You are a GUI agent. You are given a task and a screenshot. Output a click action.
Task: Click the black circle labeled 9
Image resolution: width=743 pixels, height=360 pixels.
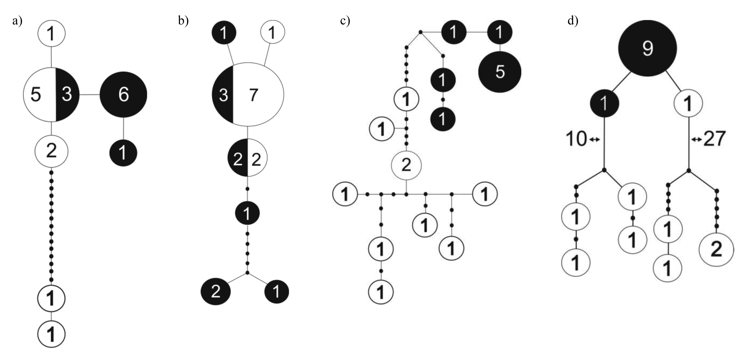pos(647,48)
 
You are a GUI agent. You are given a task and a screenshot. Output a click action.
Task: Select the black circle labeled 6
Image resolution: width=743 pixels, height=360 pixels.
pos(123,94)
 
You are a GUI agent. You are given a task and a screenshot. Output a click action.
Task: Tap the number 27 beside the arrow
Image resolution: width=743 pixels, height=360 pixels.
pos(714,139)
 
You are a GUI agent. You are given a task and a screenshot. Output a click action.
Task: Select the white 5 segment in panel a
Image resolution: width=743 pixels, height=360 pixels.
pos(37,94)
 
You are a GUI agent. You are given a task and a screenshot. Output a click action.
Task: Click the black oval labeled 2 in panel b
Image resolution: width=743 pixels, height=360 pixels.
pos(216,292)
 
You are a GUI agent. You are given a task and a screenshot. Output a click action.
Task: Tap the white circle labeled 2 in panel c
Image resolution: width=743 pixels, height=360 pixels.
pos(406,165)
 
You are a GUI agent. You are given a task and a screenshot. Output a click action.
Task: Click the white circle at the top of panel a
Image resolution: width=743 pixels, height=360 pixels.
pos(51,33)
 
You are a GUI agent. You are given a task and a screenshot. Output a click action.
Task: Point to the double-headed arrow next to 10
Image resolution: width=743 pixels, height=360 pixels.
pos(594,140)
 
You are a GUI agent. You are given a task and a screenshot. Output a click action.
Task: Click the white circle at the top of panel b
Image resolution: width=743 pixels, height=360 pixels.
pos(273,32)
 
